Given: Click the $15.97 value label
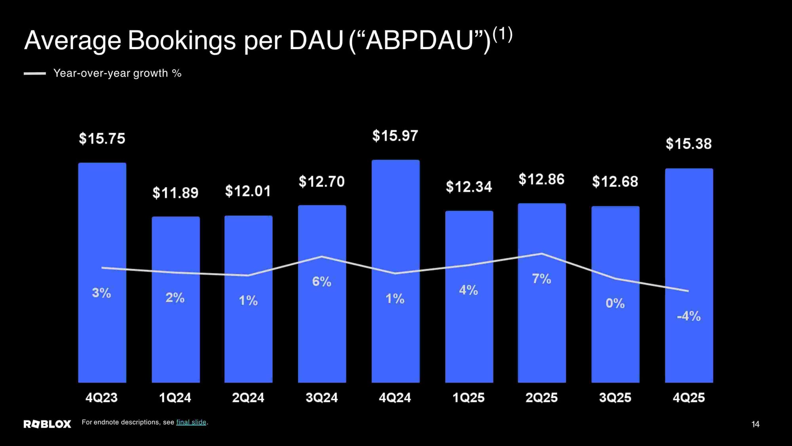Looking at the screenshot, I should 395,136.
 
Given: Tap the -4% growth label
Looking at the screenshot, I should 689,316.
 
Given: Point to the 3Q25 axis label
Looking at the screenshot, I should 615,398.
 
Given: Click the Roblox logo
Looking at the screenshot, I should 47,424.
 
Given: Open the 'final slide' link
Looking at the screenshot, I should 191,422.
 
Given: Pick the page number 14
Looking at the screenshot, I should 755,424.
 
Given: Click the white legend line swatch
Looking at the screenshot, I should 35,73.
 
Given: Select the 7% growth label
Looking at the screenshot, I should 541,279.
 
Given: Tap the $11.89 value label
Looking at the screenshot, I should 175,193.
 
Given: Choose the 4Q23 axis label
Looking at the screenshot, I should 101,398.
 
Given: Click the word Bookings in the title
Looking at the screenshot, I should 182,40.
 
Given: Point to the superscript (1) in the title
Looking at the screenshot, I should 503,34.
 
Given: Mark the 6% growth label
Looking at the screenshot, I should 322,281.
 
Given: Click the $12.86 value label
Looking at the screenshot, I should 541,179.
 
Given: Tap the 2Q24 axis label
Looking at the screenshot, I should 248,398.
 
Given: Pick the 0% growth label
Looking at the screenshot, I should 615,303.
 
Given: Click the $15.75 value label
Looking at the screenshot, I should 102,139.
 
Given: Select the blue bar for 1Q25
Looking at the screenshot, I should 469,337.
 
